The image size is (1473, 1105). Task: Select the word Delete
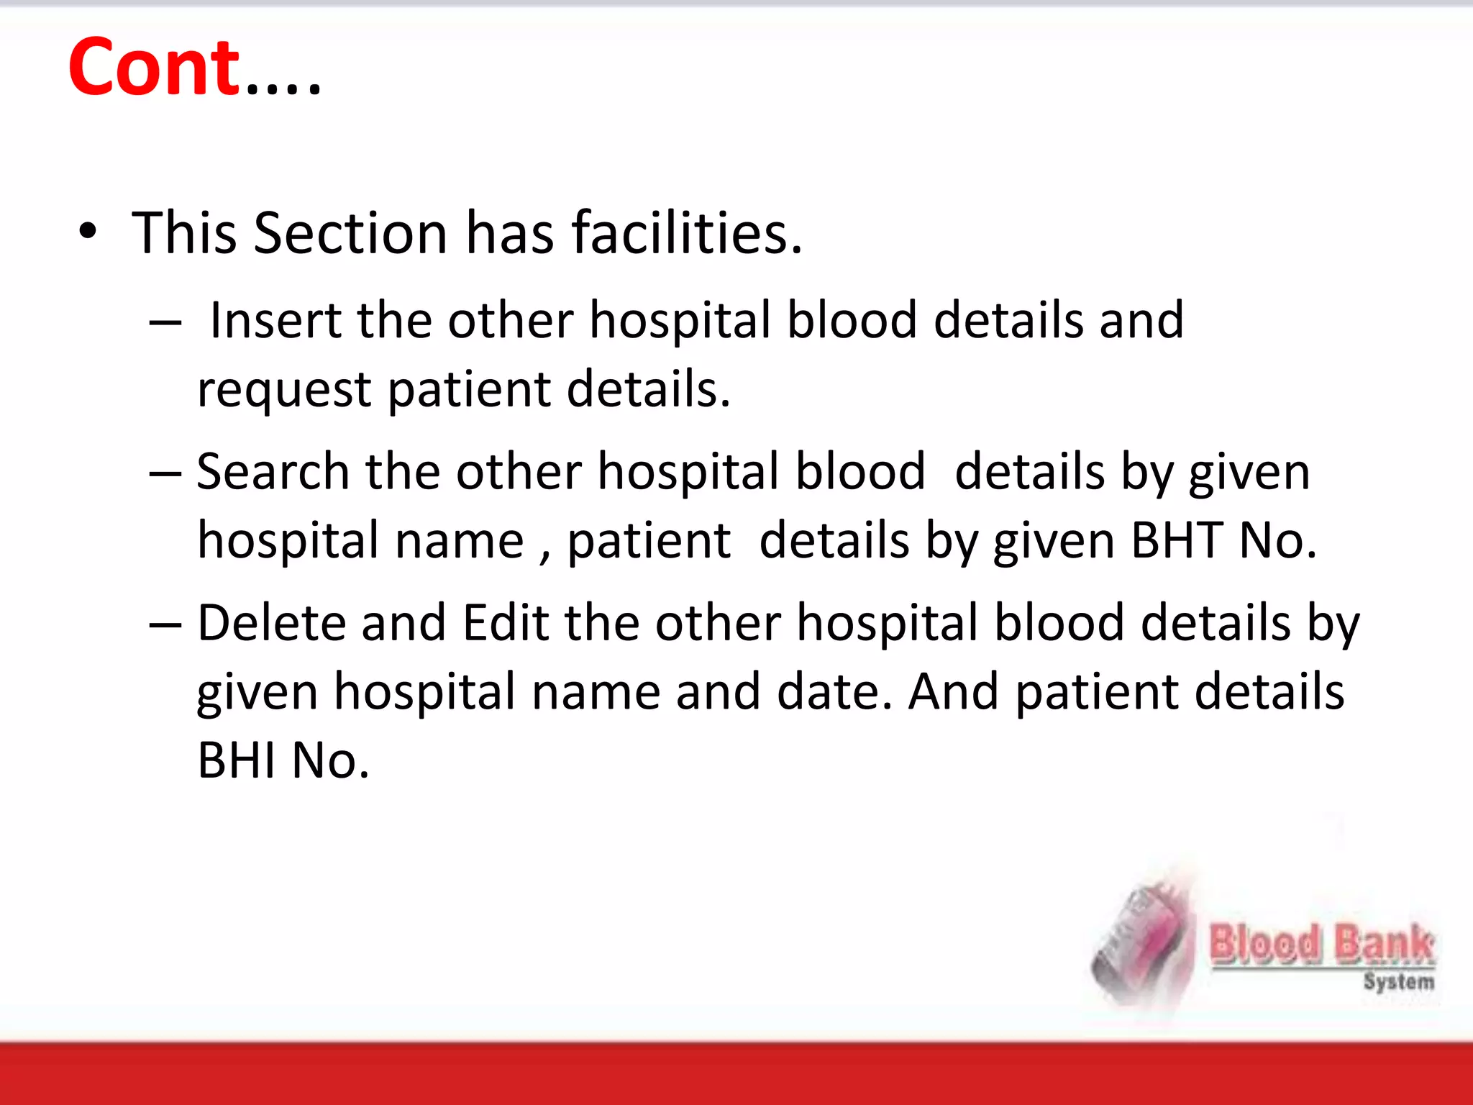[x=270, y=622]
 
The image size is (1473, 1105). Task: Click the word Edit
[x=506, y=622]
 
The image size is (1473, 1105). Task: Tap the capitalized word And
[x=953, y=691]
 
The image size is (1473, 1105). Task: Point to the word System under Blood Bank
[x=1398, y=981]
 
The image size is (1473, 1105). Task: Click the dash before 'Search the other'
[x=165, y=473]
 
